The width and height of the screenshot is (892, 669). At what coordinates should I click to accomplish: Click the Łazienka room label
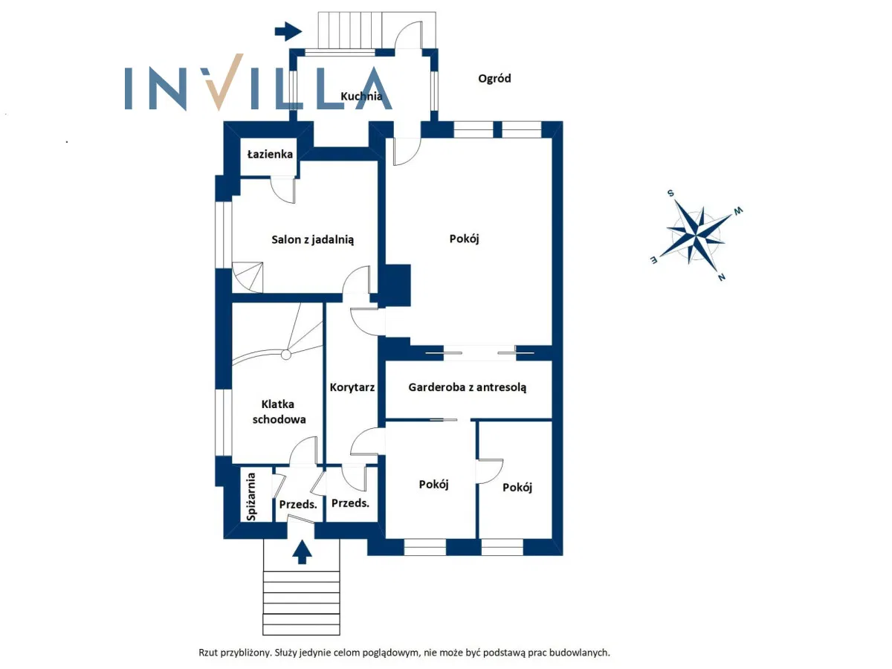coord(270,154)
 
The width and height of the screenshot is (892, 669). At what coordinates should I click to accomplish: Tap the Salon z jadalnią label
coord(312,239)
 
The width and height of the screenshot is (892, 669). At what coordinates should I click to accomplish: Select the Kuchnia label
coord(361,96)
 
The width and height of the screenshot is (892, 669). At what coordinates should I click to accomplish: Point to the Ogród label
coord(494,78)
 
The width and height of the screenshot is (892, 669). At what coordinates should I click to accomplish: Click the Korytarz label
coord(352,387)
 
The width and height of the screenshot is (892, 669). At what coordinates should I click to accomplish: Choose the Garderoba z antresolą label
coord(468,387)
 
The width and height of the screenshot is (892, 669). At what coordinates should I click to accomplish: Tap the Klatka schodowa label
coord(278,412)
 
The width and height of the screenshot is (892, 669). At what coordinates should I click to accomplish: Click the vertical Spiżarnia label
coord(252,496)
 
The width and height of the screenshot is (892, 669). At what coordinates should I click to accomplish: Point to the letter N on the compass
coord(720,277)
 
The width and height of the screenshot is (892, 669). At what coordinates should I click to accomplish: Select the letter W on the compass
coord(738,211)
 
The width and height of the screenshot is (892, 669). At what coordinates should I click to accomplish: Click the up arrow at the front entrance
coord(302,552)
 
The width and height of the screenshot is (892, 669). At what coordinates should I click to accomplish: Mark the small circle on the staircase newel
coord(286,355)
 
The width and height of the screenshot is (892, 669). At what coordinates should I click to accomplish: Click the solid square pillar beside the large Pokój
coord(397,285)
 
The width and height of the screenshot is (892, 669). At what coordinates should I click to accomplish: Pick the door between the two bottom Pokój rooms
coord(488,473)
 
